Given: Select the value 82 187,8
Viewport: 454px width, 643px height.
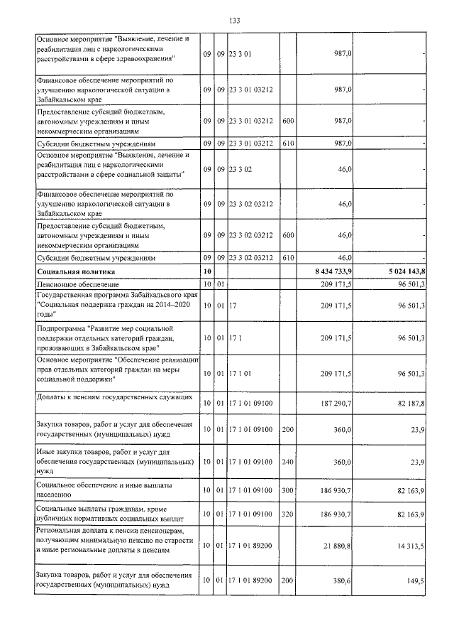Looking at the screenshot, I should (x=406, y=403).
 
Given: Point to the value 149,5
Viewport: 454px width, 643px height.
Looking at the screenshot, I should (x=414, y=580).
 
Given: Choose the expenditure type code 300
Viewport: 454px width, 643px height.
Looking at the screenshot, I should (x=287, y=491).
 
